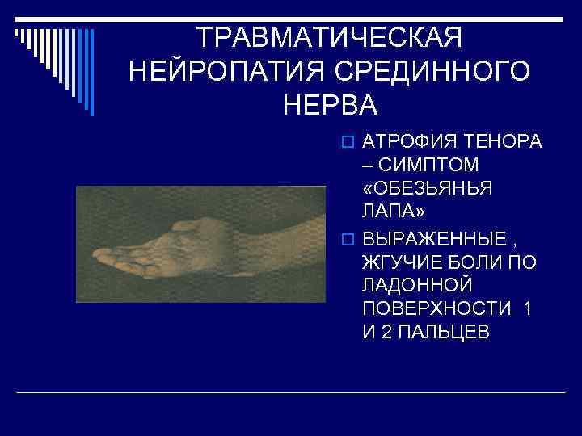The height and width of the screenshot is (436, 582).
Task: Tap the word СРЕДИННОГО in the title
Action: point(428,71)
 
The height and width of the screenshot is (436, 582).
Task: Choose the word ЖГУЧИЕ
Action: point(399,263)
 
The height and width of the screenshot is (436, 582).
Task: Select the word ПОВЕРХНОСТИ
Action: point(436,308)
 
